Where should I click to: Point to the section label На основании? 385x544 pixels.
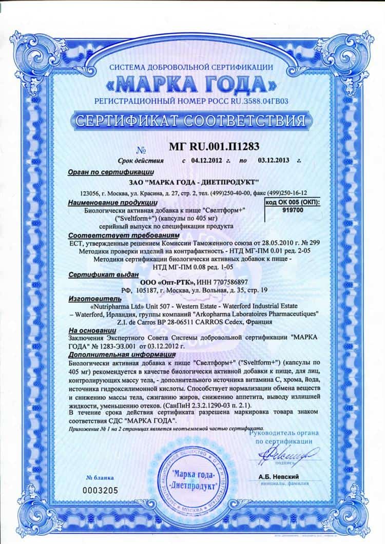point(88,331)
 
